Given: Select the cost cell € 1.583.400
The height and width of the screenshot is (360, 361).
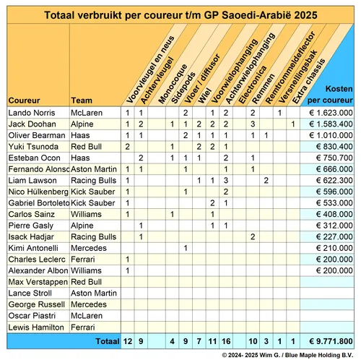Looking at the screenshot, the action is (330, 124).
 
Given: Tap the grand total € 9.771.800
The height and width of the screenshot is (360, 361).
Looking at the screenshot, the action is (330, 340).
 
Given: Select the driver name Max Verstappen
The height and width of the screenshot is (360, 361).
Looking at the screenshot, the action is (37, 281).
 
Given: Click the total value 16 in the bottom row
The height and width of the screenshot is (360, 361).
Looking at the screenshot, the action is (226, 340).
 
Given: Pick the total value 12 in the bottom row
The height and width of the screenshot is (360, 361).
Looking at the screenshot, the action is (127, 340).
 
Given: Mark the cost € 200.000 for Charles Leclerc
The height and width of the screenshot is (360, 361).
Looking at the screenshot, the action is (330, 259).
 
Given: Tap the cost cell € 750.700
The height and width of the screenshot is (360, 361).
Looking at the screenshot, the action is (330, 158).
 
